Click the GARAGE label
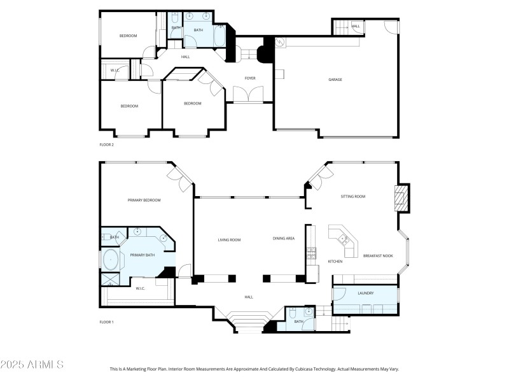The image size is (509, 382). click(x=335, y=80)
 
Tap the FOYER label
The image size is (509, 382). click(x=250, y=78)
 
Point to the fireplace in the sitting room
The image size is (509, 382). click(x=401, y=198)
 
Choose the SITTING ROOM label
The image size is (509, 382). click(x=353, y=197)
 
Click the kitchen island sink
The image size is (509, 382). click(x=344, y=239)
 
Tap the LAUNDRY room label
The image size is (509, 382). click(x=365, y=293)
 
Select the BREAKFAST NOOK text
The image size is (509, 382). click(x=377, y=255)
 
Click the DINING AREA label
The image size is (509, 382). click(x=284, y=239)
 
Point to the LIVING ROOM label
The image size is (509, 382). click(x=229, y=240)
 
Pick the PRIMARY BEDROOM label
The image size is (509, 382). click(x=144, y=201)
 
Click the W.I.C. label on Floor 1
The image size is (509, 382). click(x=141, y=288)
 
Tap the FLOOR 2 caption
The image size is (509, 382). click(x=106, y=145)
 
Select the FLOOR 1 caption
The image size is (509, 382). click(x=106, y=322)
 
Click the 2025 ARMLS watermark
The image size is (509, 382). click(x=32, y=365)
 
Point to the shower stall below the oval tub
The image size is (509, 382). click(x=109, y=278)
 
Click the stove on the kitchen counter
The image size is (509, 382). click(x=311, y=253)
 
